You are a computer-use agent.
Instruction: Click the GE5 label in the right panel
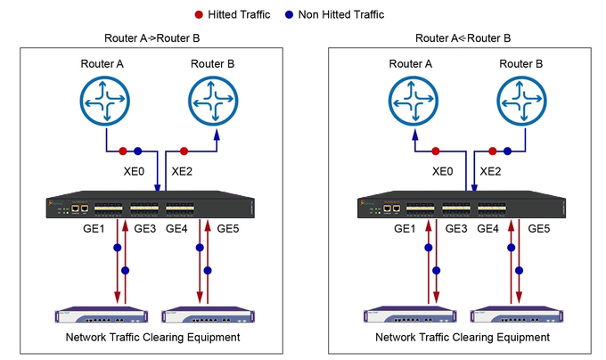[x=539, y=229]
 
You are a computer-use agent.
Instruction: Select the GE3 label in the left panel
[x=144, y=229]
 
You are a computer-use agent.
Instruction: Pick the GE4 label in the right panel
[x=487, y=229]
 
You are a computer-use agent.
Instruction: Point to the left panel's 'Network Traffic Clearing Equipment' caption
[x=152, y=338]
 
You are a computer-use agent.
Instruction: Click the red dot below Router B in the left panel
[x=183, y=151]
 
